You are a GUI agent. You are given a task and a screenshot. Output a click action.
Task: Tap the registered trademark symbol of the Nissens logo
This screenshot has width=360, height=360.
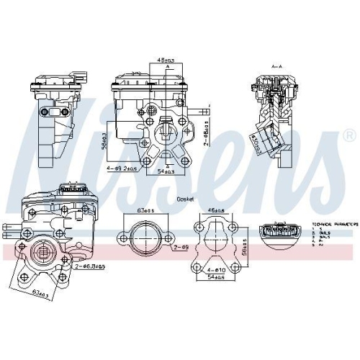click(x=348, y=135)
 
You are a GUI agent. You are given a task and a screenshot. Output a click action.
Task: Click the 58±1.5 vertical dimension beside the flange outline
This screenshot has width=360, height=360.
click(x=246, y=243)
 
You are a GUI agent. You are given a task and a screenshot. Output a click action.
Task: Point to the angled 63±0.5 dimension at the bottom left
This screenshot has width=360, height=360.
click(x=41, y=293)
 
